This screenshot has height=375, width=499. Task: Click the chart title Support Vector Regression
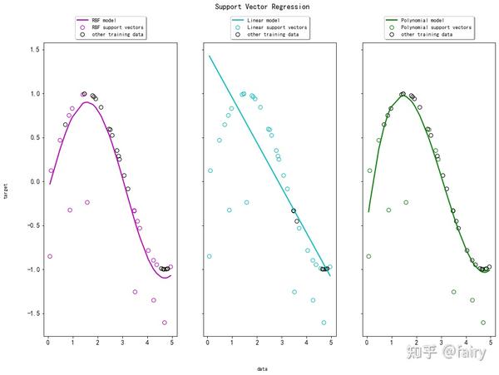250,7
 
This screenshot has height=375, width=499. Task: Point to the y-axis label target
7,191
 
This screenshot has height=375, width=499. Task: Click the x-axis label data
262,368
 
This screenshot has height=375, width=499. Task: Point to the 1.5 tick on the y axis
33,49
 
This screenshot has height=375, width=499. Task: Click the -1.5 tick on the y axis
32,313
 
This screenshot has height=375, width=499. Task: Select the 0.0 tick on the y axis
33,181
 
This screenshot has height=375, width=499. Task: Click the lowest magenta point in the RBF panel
165,323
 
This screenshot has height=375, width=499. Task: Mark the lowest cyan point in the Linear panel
324,323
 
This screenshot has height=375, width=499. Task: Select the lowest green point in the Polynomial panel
483,323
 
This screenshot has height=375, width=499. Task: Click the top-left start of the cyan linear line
210,57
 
